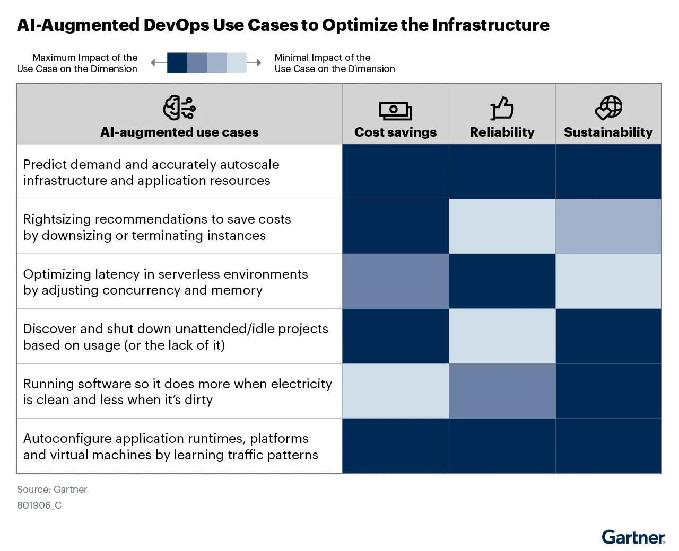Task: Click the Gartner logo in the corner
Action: pyautogui.click(x=633, y=537)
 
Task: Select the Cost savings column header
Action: pyautogui.click(x=395, y=132)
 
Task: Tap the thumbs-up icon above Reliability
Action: pyautogui.click(x=502, y=108)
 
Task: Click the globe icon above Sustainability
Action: pyautogui.click(x=608, y=108)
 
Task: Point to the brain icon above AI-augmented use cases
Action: pyautogui.click(x=179, y=108)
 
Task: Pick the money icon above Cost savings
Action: pyautogui.click(x=395, y=110)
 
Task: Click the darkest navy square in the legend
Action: pyautogui.click(x=177, y=63)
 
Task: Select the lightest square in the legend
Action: pyautogui.click(x=237, y=63)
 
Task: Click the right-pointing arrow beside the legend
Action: pyautogui.click(x=255, y=63)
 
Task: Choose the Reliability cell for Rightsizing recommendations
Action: pyautogui.click(x=502, y=226)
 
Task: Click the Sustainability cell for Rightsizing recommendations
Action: pyautogui.click(x=608, y=226)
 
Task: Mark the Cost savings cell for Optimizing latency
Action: pyautogui.click(x=395, y=281)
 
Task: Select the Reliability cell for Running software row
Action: pyautogui.click(x=502, y=391)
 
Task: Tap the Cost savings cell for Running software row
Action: pyautogui.click(x=395, y=391)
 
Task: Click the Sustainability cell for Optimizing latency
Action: pyautogui.click(x=608, y=281)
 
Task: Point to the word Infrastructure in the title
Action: pyautogui.click(x=491, y=25)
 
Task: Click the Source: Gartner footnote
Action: pyautogui.click(x=52, y=490)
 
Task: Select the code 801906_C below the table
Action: pyautogui.click(x=39, y=505)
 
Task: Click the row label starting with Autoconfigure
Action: pyautogui.click(x=170, y=446)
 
